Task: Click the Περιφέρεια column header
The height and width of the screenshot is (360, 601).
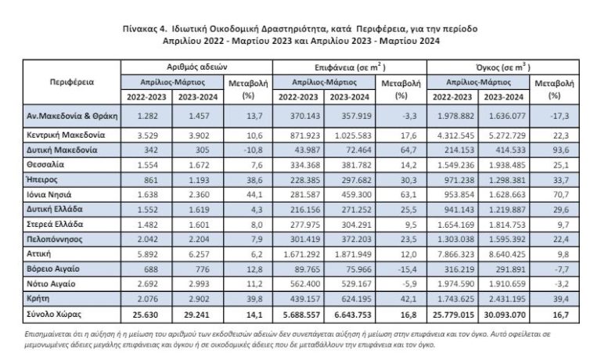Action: click(x=73, y=81)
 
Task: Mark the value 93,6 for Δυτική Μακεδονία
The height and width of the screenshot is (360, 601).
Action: click(x=556, y=149)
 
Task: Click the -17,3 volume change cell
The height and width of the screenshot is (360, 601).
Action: click(x=555, y=117)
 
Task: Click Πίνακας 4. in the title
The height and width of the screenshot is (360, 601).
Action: click(x=149, y=27)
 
